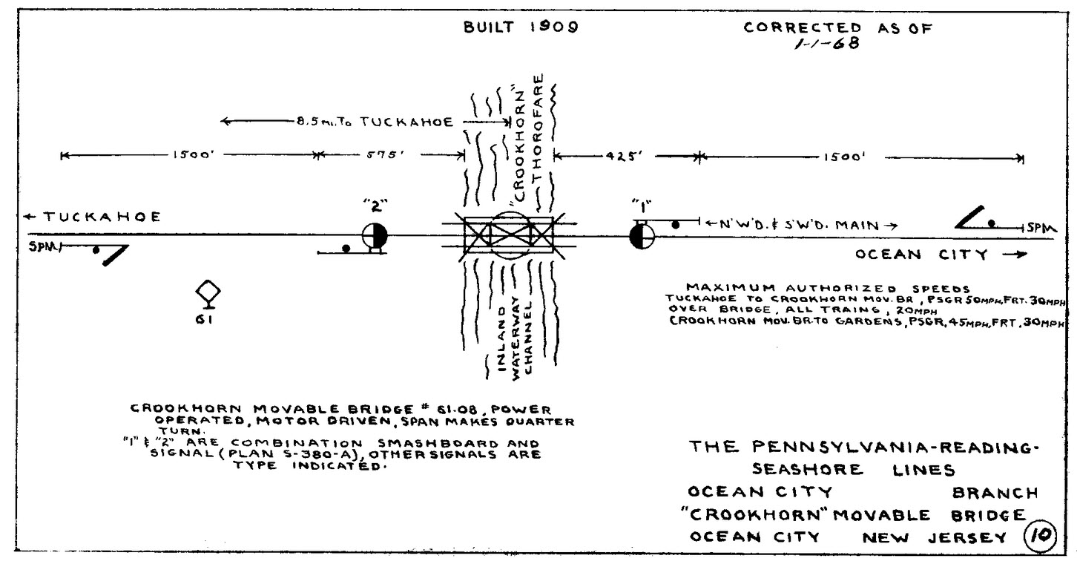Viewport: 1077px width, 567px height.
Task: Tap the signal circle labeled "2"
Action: [x=375, y=236]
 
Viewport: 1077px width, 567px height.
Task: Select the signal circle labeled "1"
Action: [x=641, y=237]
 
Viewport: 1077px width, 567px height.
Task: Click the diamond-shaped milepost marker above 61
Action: [x=208, y=292]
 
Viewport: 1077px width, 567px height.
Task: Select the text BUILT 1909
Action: [x=520, y=28]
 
